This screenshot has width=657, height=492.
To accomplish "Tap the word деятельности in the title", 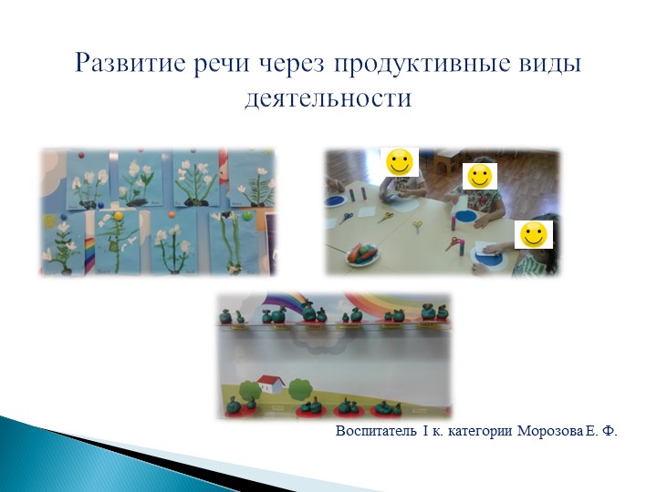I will click(328, 97).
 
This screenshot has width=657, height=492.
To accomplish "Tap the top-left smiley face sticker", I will click(400, 162).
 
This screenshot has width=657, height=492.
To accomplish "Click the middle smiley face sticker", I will click(479, 175).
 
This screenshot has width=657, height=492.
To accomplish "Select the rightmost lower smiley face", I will click(534, 234).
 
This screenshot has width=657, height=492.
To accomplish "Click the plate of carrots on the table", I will click(362, 253).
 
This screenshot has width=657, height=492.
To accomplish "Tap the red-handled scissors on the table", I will click(454, 243).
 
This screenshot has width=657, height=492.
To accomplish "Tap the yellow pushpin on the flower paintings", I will click(119, 216).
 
